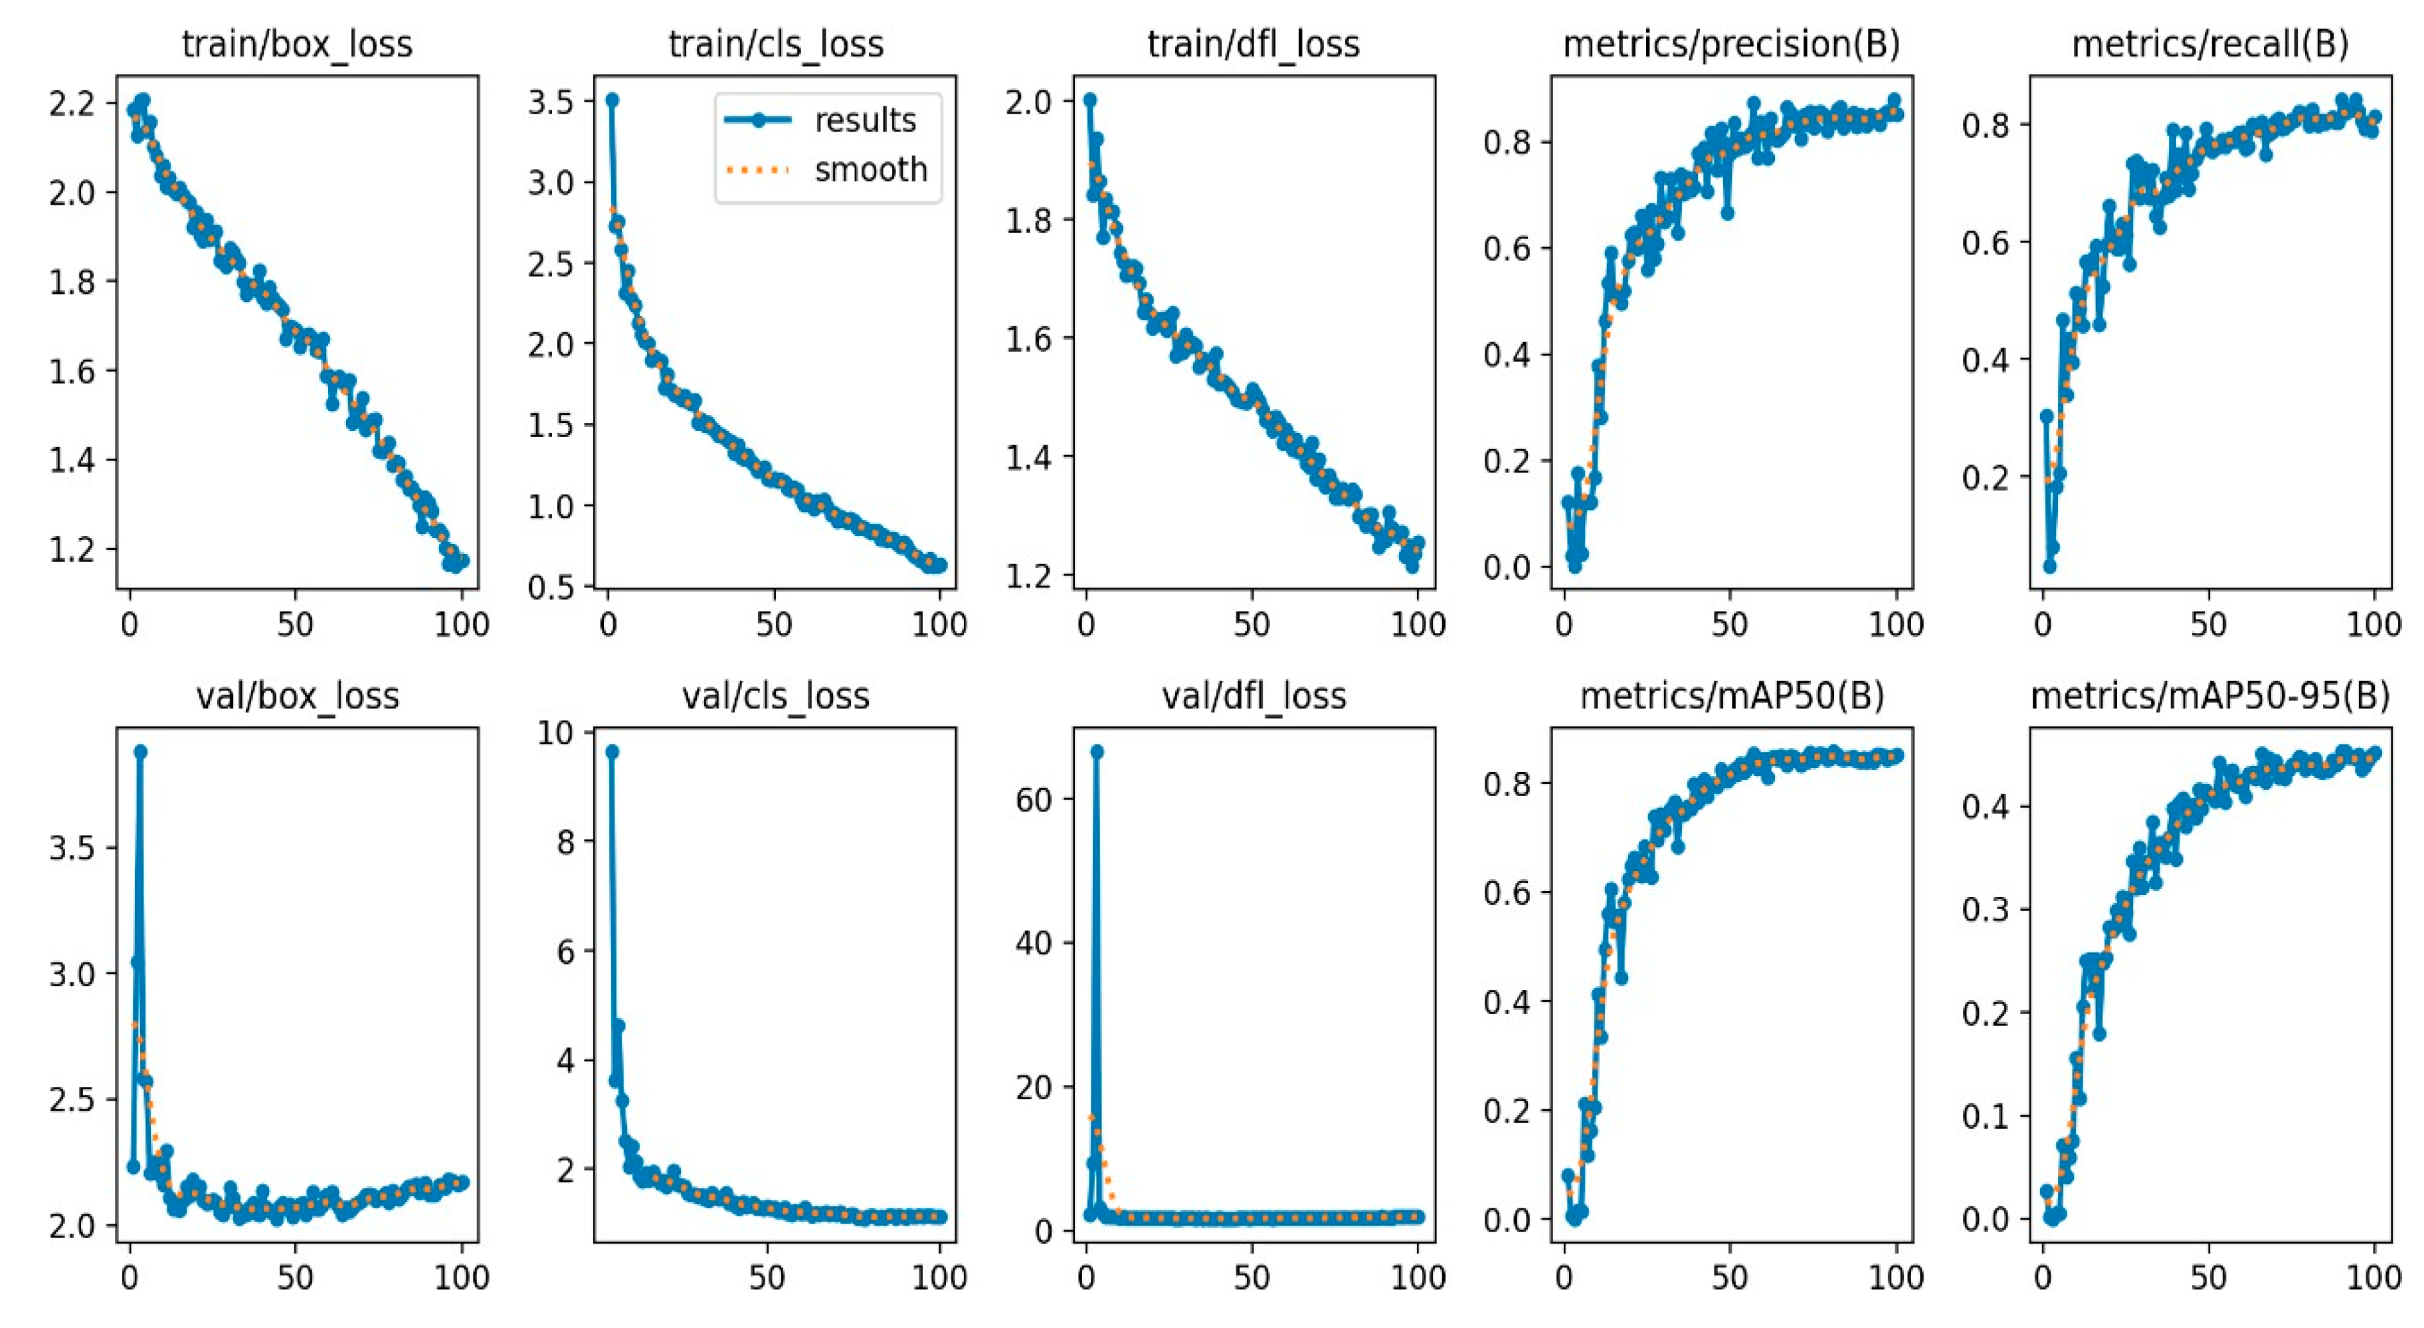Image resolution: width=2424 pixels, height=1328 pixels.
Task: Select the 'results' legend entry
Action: (x=864, y=120)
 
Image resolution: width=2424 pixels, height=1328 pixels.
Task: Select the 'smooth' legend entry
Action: (x=870, y=170)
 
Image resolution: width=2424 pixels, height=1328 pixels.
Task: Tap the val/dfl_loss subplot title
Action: (x=1254, y=696)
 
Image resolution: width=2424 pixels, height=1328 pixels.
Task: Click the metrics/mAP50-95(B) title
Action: (x=2209, y=696)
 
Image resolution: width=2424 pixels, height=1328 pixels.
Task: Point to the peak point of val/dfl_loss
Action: (x=1096, y=751)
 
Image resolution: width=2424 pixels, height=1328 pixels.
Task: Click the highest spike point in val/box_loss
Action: (x=140, y=751)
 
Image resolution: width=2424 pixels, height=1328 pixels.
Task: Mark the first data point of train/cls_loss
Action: (x=612, y=100)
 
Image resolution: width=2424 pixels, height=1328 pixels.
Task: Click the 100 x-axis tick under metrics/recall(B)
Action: (x=2374, y=625)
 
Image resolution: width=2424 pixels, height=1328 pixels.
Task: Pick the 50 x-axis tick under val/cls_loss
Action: (x=767, y=1277)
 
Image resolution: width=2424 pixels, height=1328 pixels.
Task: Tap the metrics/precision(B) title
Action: (x=1731, y=45)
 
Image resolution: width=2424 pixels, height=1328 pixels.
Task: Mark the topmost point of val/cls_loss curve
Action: (x=612, y=751)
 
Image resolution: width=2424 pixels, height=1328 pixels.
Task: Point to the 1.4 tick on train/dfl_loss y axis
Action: (x=1028, y=458)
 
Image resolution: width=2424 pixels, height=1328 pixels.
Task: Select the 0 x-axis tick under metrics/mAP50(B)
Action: (x=1564, y=1277)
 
